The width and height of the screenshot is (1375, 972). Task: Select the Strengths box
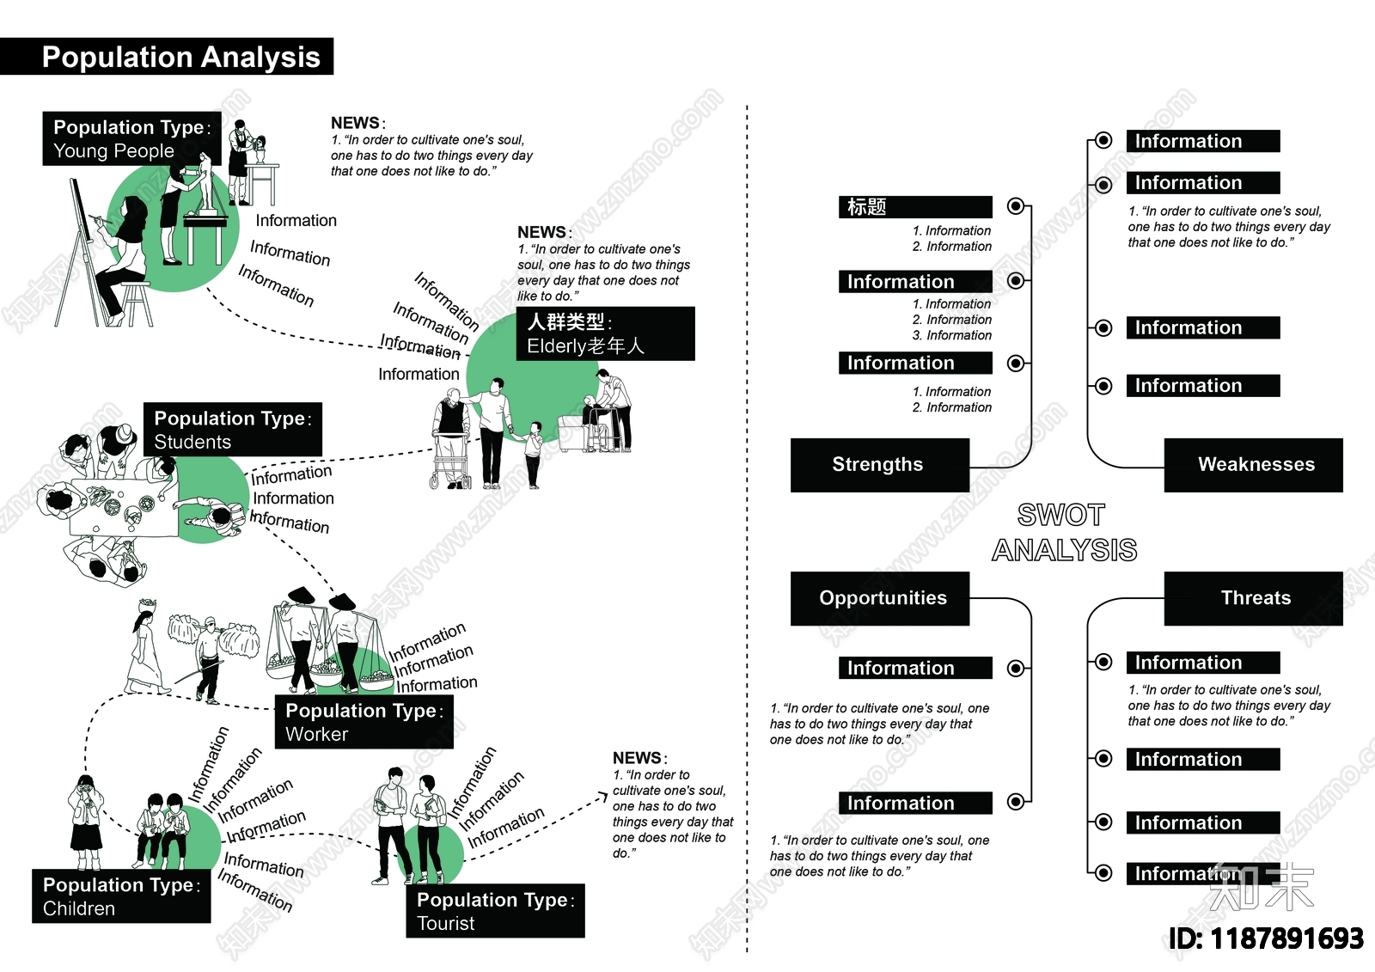(x=879, y=465)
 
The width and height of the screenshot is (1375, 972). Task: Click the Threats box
(x=1254, y=598)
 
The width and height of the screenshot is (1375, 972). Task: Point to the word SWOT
(x=1061, y=515)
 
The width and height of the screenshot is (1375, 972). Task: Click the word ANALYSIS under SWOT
(x=1065, y=550)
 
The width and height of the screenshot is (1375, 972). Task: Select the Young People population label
(x=131, y=139)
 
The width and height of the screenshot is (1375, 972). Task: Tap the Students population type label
(x=232, y=430)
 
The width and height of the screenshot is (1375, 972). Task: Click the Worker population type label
(x=364, y=722)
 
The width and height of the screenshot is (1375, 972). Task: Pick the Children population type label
(x=121, y=896)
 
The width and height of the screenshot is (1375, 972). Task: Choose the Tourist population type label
(x=495, y=911)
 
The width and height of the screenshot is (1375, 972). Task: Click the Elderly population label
(x=605, y=334)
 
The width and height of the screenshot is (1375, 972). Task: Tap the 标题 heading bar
(x=915, y=207)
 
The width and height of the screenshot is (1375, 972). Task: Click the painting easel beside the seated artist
(x=82, y=249)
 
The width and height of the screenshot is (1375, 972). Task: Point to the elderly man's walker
(x=451, y=460)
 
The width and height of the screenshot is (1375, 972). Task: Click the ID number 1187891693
(x=1266, y=938)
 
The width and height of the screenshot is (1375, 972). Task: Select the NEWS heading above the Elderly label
(x=542, y=232)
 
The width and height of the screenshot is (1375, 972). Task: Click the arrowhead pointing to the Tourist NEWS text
(x=603, y=798)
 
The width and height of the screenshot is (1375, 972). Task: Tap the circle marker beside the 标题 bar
(x=1017, y=206)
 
